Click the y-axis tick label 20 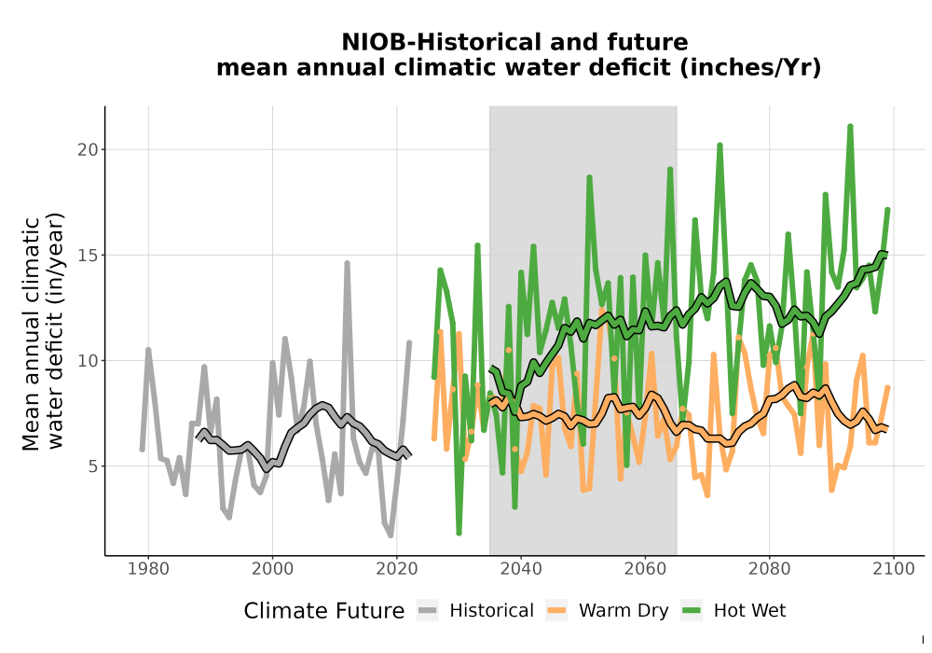(88, 149)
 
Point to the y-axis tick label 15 (88, 255)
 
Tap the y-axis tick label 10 (88, 360)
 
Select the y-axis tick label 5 (93, 466)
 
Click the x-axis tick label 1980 (148, 568)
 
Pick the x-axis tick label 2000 (272, 568)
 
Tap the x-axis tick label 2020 (396, 568)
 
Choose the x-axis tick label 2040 (521, 568)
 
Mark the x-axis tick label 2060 (645, 568)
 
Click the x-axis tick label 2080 (769, 568)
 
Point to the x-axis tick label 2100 (894, 568)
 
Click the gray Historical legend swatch (427, 610)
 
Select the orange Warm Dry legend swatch (556, 610)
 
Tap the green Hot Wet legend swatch (692, 610)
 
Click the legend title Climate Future (324, 611)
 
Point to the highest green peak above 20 (851, 126)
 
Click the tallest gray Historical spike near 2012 (347, 263)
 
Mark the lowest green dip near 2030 (459, 533)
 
